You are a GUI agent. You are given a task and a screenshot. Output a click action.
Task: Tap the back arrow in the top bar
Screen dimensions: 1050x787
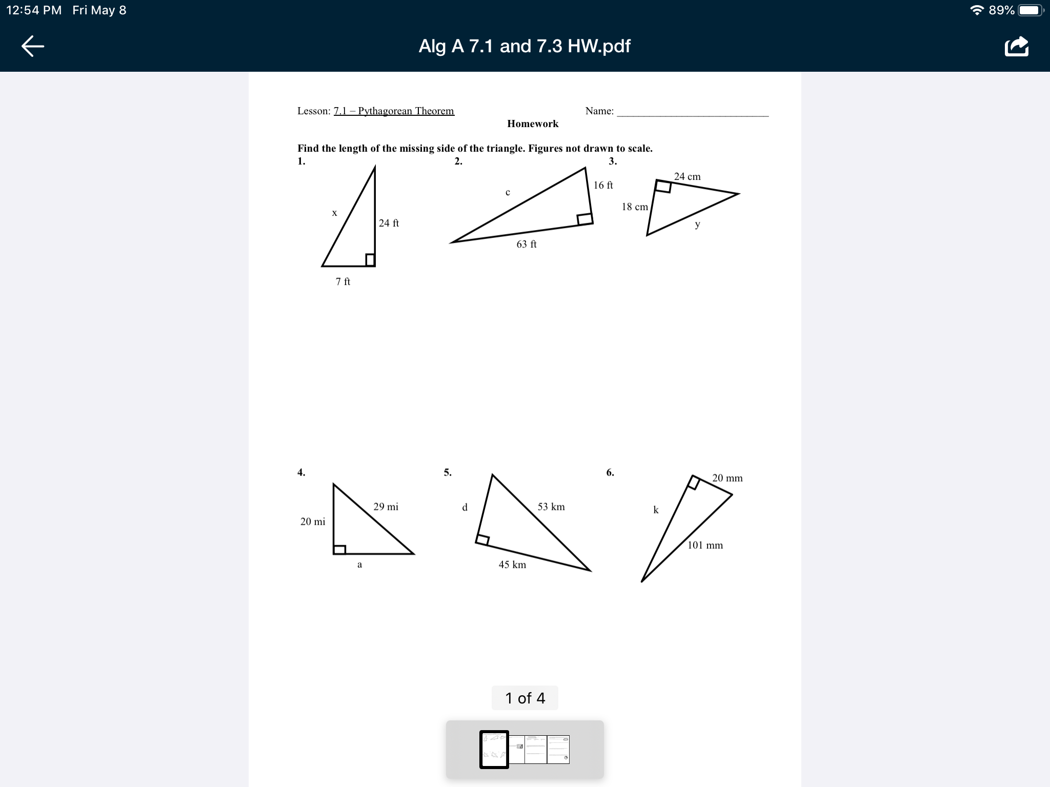(33, 46)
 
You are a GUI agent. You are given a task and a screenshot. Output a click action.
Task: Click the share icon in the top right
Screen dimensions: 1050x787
(1017, 46)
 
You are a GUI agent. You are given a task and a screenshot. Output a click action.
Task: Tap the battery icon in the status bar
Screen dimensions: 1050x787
(1031, 10)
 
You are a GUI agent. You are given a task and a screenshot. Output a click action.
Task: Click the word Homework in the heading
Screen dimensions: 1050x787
(533, 123)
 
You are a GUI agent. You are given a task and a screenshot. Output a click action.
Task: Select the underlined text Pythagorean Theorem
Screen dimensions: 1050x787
(406, 111)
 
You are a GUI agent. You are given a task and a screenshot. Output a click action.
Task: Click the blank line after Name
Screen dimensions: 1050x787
(693, 116)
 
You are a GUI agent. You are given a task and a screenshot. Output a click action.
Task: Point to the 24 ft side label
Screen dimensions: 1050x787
(389, 223)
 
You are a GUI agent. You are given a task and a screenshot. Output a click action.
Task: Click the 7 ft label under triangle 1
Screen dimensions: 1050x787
(343, 281)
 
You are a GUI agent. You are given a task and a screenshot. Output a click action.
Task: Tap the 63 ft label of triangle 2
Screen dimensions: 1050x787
(527, 244)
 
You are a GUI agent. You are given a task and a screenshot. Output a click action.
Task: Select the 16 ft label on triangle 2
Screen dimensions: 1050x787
(603, 185)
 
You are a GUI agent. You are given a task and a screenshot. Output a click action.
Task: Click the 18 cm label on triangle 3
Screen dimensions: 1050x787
(635, 206)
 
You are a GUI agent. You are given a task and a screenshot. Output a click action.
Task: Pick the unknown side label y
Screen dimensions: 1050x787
(697, 224)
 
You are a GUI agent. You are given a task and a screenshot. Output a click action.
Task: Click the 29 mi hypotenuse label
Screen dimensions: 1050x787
(386, 507)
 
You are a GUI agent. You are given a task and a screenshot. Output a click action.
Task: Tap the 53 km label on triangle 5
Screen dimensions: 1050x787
(551, 507)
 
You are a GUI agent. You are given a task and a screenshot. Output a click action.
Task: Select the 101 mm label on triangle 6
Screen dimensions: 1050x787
(705, 545)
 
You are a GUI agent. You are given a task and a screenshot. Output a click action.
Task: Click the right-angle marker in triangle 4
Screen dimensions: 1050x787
(339, 549)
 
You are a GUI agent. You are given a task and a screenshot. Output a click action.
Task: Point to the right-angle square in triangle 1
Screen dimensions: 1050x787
(370, 260)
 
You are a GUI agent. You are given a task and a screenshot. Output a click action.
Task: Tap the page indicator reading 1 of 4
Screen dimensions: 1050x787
(525, 698)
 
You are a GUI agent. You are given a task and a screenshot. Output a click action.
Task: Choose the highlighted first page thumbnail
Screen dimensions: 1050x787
(494, 750)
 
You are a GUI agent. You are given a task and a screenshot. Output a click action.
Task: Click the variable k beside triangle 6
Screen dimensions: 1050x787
(656, 510)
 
